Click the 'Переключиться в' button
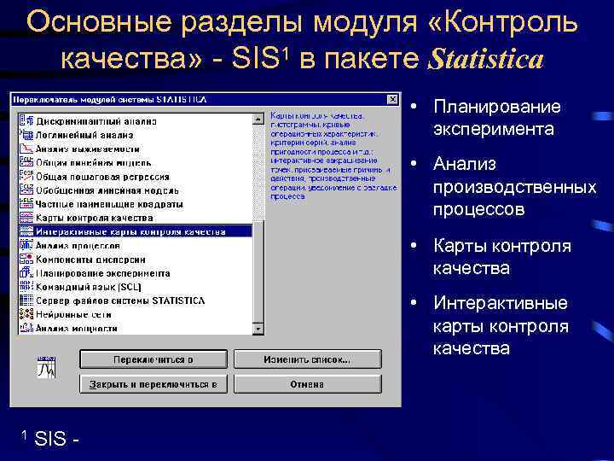click(153, 359)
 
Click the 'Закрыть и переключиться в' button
click(153, 384)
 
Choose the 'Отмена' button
click(307, 384)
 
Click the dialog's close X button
click(392, 98)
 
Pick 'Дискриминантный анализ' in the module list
click(93, 120)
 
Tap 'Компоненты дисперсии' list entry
click(90, 260)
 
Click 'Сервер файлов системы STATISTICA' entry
click(119, 301)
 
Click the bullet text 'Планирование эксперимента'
click(496, 118)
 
